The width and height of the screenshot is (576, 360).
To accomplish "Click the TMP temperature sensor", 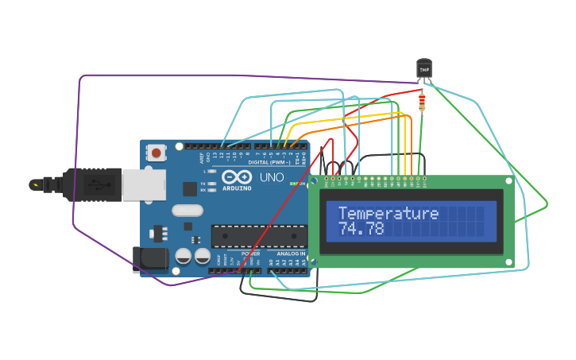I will click(x=424, y=70).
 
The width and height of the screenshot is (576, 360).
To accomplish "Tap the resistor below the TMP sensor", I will click(x=421, y=102).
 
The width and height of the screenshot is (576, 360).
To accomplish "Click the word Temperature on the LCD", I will click(x=388, y=213).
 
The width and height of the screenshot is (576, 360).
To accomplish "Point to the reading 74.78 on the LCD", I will click(x=361, y=229).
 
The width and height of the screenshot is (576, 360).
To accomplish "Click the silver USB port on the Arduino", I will click(x=144, y=184).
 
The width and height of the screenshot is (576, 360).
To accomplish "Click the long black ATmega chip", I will click(x=258, y=236).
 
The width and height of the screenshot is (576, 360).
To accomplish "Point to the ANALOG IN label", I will click(x=291, y=254).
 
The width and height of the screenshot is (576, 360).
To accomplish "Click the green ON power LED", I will click(x=292, y=184).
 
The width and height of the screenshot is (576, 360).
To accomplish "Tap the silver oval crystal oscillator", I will click(x=187, y=211).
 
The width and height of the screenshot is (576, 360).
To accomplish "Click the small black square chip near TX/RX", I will click(x=190, y=188).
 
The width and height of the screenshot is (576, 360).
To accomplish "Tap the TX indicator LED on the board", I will click(x=211, y=183).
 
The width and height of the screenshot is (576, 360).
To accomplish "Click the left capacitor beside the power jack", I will click(x=184, y=257).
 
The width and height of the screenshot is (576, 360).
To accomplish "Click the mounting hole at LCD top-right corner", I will click(x=508, y=181).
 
